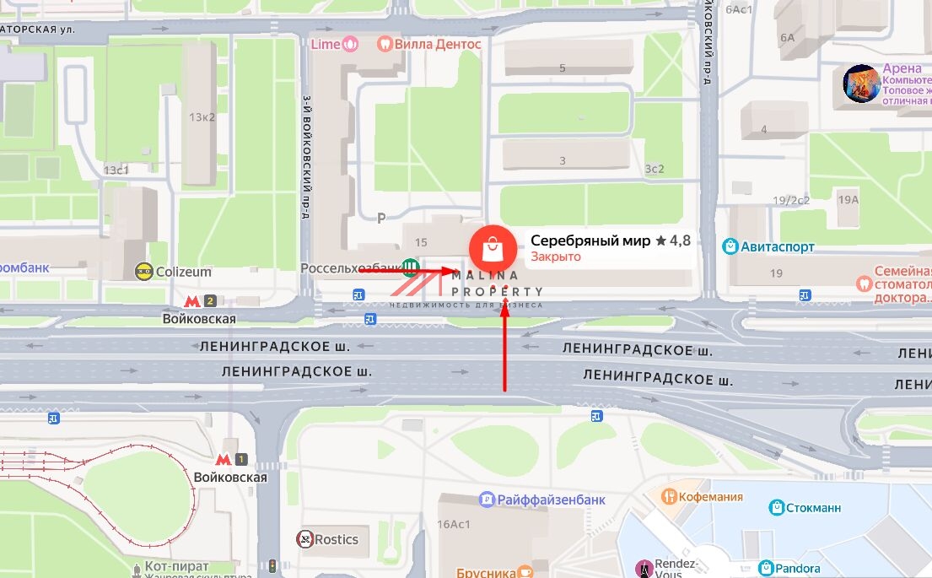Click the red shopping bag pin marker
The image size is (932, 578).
pos(491,248)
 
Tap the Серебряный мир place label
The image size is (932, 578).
pos(590,240)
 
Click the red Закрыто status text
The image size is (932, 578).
pos(556,257)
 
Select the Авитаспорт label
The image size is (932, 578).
pos(778,246)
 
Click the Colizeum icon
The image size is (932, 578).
pos(144,272)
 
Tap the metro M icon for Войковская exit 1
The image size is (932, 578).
pos(224,460)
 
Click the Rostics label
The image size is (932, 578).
pos(336,539)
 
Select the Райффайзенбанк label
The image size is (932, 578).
pos(551,500)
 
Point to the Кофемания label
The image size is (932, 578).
pos(713,496)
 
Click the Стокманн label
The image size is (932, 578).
pos(813,508)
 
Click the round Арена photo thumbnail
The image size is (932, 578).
pos(861,84)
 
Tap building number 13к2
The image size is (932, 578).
pos(202,116)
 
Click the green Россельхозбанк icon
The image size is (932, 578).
pos(410,267)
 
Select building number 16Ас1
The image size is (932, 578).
pos(453,524)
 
